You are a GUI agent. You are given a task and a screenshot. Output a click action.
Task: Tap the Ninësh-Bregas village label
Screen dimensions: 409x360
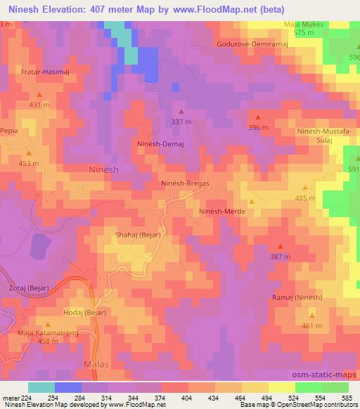(x=186, y=183)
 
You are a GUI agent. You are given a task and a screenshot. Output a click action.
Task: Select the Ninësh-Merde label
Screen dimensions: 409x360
(x=221, y=211)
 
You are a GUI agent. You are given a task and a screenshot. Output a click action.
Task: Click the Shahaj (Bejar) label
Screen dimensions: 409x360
(x=138, y=235)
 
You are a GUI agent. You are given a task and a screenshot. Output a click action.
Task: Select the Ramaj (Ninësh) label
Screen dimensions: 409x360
(x=297, y=298)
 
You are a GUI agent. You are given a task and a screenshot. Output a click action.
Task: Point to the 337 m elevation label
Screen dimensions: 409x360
(x=181, y=122)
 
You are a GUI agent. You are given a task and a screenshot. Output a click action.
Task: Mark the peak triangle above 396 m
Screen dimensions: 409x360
(x=258, y=117)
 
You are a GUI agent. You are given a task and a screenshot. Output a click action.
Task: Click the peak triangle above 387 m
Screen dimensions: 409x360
(x=280, y=246)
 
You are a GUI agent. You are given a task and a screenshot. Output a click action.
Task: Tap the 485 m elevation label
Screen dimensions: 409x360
(x=305, y=198)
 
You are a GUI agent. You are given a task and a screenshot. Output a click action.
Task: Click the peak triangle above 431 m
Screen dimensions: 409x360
(x=39, y=94)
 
